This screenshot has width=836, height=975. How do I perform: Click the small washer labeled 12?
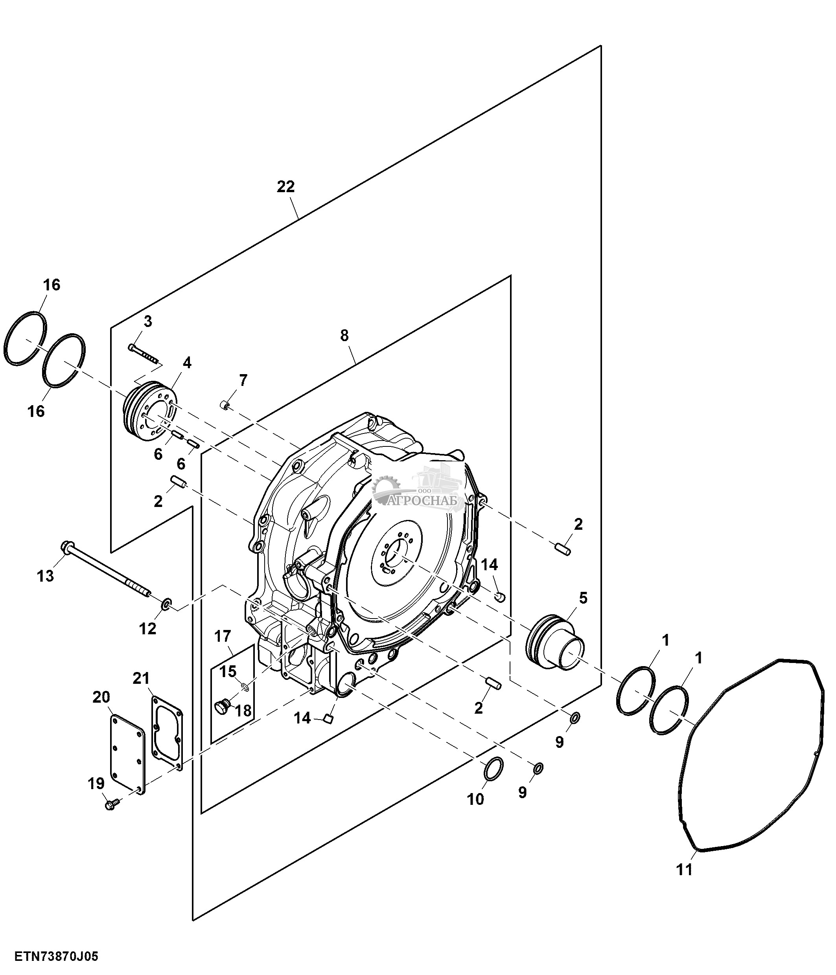coord(167,603)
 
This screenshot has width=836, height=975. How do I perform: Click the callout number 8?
coord(344,336)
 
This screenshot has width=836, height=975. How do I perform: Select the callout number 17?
coord(223,636)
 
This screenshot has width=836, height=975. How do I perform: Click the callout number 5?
coord(583,598)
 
